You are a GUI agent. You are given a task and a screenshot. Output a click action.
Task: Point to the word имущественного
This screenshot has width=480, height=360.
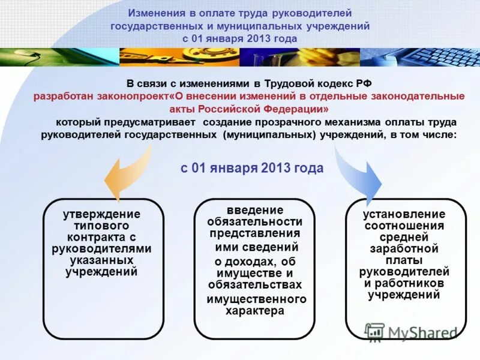[256, 299]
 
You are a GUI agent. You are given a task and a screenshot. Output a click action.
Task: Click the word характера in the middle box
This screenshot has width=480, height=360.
[254, 310]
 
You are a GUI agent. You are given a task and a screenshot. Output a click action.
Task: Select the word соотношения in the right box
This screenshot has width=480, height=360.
[404, 226]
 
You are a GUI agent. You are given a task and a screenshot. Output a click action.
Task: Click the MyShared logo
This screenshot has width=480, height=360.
[411, 332]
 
